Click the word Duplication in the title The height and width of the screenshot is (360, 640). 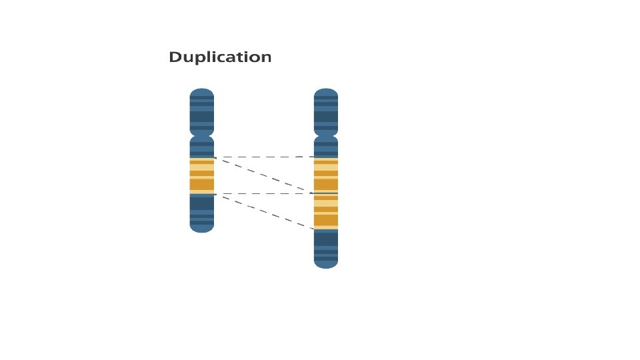pyautogui.click(x=220, y=57)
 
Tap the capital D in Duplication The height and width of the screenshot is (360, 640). pyautogui.click(x=175, y=57)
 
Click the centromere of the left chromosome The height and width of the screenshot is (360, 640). pyautogui.click(x=202, y=135)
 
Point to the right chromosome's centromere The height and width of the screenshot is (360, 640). pyautogui.click(x=326, y=135)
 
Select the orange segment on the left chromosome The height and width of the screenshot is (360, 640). pyautogui.click(x=202, y=175)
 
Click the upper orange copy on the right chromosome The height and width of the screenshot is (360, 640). pyautogui.click(x=326, y=175)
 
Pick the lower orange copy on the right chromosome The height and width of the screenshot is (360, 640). pyautogui.click(x=326, y=211)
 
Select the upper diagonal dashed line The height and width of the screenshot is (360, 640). pyautogui.click(x=264, y=175)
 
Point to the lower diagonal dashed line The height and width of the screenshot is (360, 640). pyautogui.click(x=264, y=211)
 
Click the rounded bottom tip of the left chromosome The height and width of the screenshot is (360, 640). pyautogui.click(x=202, y=228)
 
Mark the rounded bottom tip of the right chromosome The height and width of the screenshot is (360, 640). pyautogui.click(x=326, y=264)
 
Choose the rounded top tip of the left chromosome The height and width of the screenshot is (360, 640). pyautogui.click(x=202, y=91)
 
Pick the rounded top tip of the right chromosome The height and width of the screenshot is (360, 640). pyautogui.click(x=326, y=91)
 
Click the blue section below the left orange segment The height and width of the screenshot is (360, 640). pyautogui.click(x=202, y=210)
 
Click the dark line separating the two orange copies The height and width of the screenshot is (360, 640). pyautogui.click(x=326, y=193)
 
